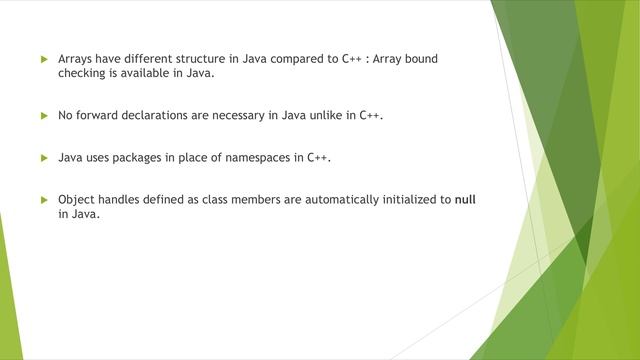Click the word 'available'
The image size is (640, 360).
pyautogui.click(x=149, y=73)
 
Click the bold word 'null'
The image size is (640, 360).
pyautogui.click(x=465, y=199)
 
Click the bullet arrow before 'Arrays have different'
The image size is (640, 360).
pyautogui.click(x=43, y=59)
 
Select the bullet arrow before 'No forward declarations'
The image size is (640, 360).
pyautogui.click(x=43, y=115)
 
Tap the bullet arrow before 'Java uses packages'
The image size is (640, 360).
pyautogui.click(x=43, y=157)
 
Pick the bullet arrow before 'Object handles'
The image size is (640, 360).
pyautogui.click(x=43, y=199)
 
